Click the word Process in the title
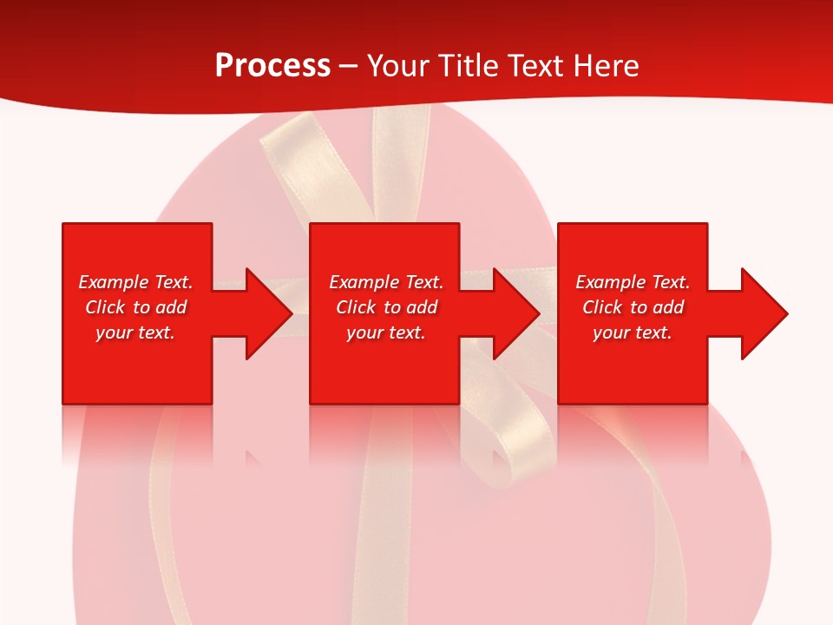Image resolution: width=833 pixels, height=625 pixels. tap(272, 66)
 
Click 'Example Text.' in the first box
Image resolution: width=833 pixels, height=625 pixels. tap(136, 282)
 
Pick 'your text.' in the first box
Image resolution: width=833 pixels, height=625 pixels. tap(136, 332)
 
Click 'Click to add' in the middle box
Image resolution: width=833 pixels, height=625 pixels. tap(386, 307)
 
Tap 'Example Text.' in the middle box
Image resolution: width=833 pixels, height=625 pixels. tap(386, 282)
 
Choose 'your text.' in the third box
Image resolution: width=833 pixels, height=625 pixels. tap(633, 332)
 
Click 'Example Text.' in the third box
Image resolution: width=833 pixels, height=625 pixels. tap(633, 282)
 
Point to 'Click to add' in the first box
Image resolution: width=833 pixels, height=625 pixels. tap(136, 307)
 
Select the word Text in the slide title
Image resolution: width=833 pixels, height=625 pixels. tap(535, 66)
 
